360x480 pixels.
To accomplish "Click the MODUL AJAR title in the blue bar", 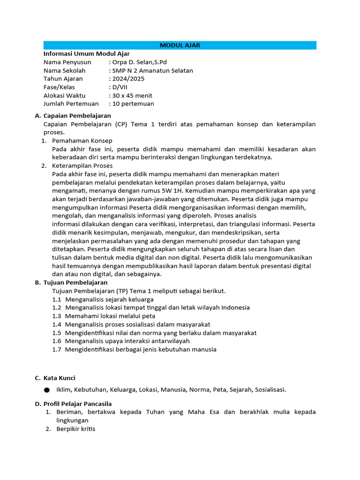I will coord(180,45).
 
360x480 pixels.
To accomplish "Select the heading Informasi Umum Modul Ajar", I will coord(86,53).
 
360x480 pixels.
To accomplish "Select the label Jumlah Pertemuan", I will coord(71,104).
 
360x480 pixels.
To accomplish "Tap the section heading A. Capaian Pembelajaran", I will coord(73,115).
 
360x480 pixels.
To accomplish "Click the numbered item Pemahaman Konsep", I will coord(82,141).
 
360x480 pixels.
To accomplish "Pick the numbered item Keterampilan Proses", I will coord(82,165).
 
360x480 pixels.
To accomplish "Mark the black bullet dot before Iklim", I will coord(46,390).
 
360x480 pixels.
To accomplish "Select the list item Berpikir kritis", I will coord(75,428).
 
